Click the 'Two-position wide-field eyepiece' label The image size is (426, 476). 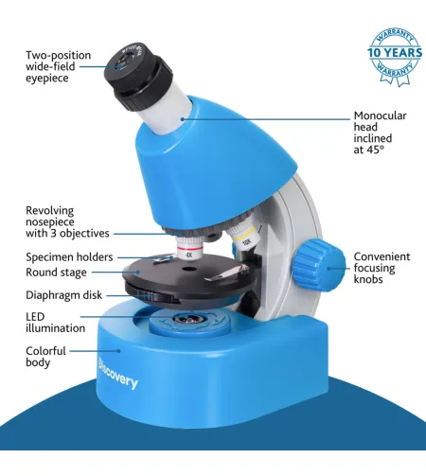[x=59, y=66]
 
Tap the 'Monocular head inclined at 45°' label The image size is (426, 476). [x=380, y=132]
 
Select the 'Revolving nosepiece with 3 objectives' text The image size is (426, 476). [x=67, y=221]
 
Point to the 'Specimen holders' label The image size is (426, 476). [x=69, y=257]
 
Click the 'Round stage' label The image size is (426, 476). [x=56, y=273]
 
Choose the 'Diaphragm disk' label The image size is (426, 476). [x=64, y=295]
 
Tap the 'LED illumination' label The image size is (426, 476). [x=55, y=323]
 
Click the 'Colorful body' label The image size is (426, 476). [x=45, y=357]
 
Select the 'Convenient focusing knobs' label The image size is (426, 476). [x=382, y=268]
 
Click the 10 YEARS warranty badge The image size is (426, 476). [x=395, y=57]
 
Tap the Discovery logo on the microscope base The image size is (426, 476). [x=118, y=374]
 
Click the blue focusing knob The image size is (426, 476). [x=319, y=265]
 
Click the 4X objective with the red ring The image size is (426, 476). [x=189, y=248]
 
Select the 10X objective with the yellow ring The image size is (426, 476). [x=243, y=235]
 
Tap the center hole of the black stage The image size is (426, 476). [x=188, y=269]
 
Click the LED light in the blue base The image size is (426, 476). [x=188, y=319]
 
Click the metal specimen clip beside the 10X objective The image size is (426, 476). [x=225, y=273]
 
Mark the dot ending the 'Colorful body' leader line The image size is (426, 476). [x=119, y=350]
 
